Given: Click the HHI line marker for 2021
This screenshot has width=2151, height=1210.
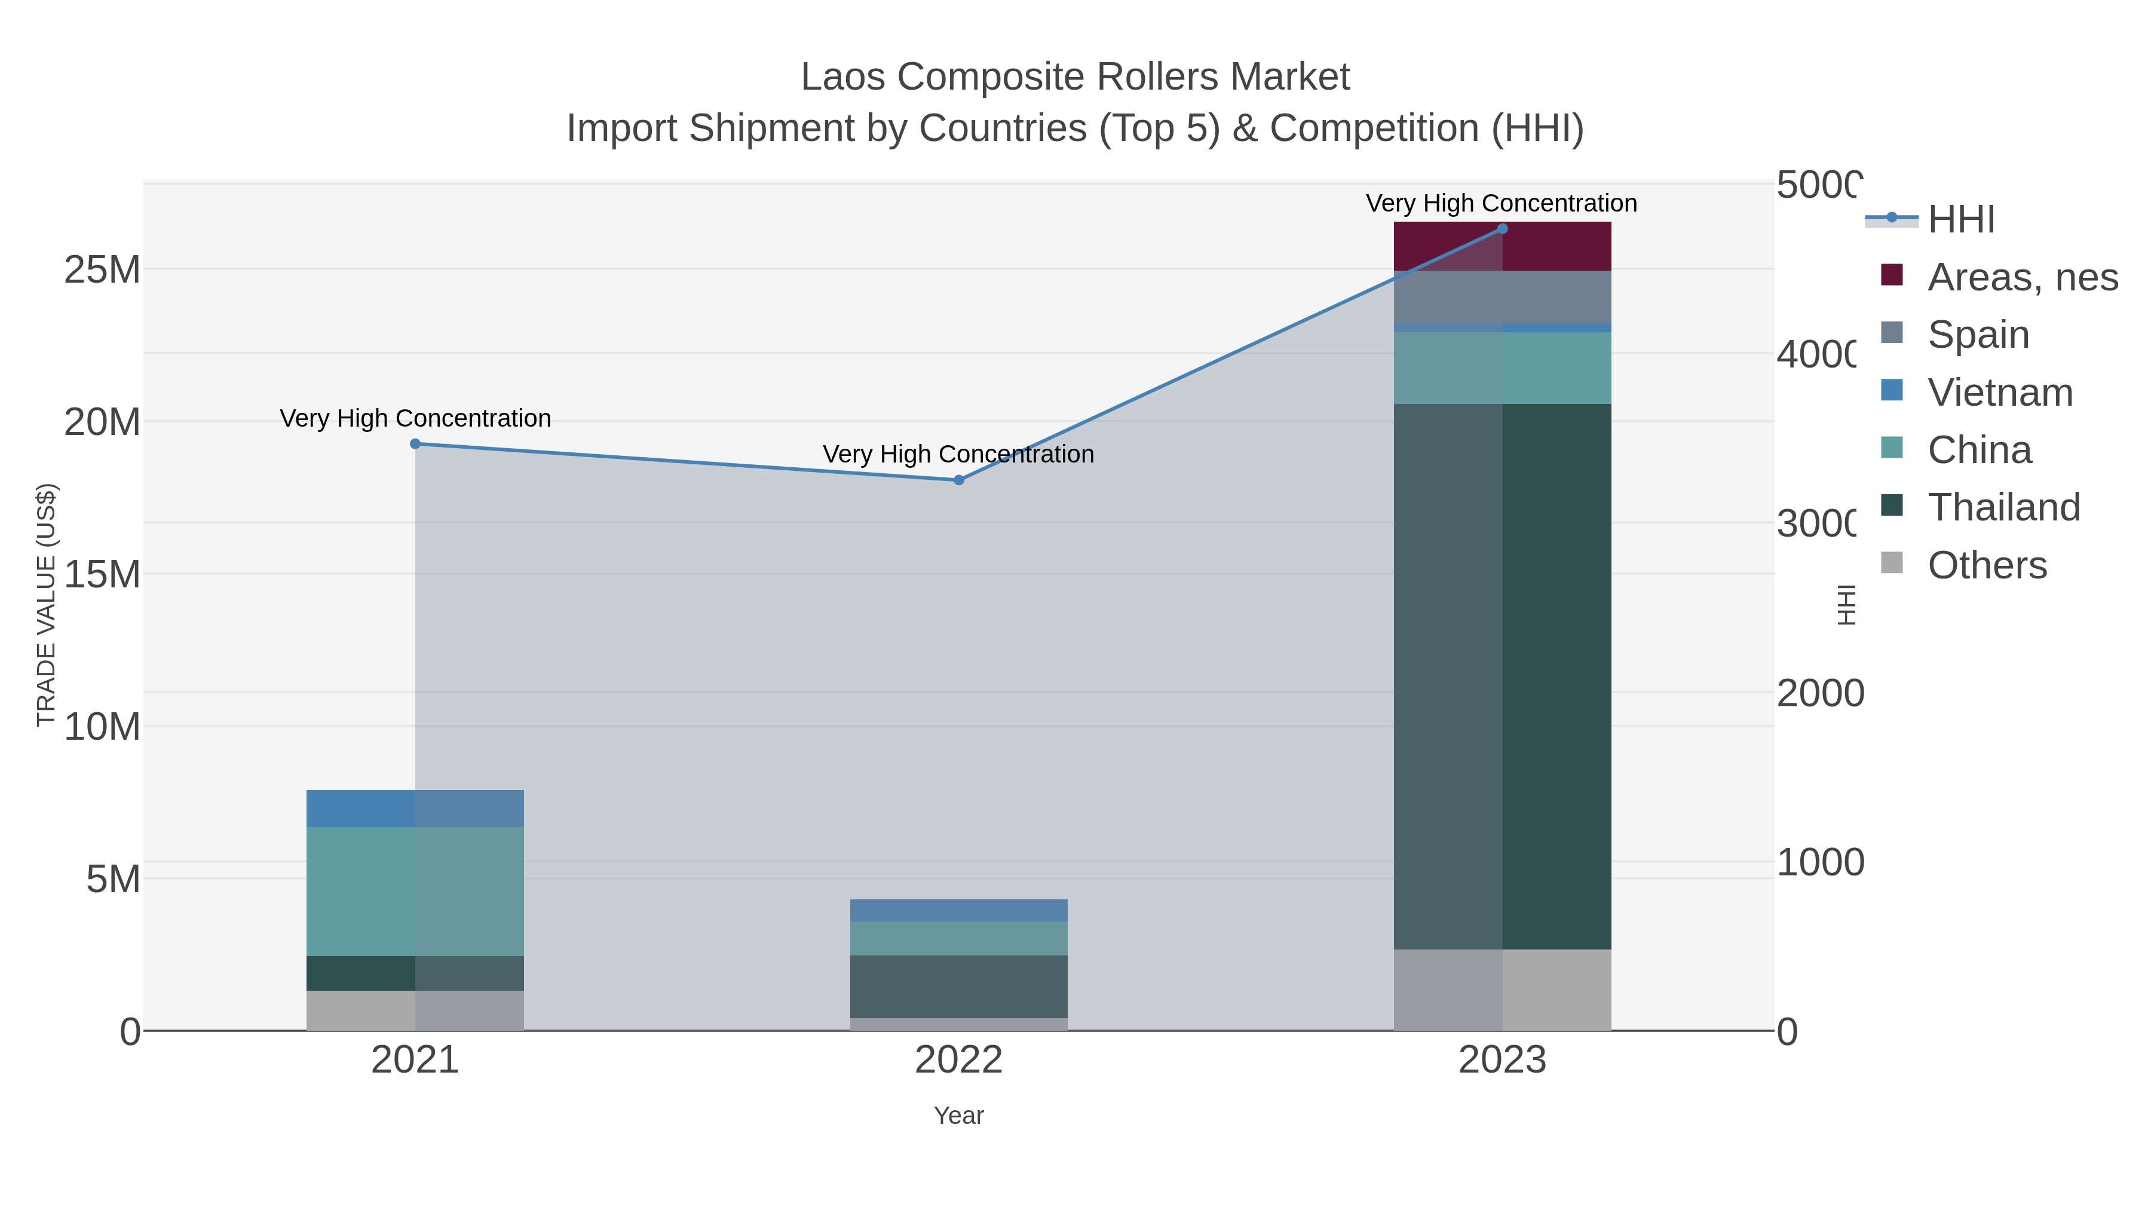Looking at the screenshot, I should pyautogui.click(x=415, y=443).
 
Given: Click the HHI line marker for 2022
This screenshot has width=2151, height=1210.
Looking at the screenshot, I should pyautogui.click(x=958, y=480).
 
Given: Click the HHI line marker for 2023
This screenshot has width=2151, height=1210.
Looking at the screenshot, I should pyautogui.click(x=1502, y=229).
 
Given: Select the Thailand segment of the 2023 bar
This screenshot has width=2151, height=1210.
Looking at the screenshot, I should pyautogui.click(x=1502, y=676).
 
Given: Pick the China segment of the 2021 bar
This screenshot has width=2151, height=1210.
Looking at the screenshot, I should pyautogui.click(x=415, y=891).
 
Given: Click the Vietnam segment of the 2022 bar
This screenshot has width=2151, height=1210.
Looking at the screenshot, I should pyautogui.click(x=958, y=910).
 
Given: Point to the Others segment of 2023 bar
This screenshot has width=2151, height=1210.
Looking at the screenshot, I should pyautogui.click(x=1502, y=990).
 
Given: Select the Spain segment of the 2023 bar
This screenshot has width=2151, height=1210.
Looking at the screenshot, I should pyautogui.click(x=1502, y=296).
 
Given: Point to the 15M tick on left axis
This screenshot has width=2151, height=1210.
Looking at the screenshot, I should pyautogui.click(x=102, y=574).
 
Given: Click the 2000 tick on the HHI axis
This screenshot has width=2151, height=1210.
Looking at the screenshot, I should pyautogui.click(x=1819, y=693).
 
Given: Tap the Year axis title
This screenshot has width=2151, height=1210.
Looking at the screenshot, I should pyautogui.click(x=958, y=1116).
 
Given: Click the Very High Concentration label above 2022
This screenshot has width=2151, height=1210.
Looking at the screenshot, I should pyautogui.click(x=958, y=454).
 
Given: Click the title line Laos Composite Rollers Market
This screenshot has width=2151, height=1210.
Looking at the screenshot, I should pyautogui.click(x=1075, y=77).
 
